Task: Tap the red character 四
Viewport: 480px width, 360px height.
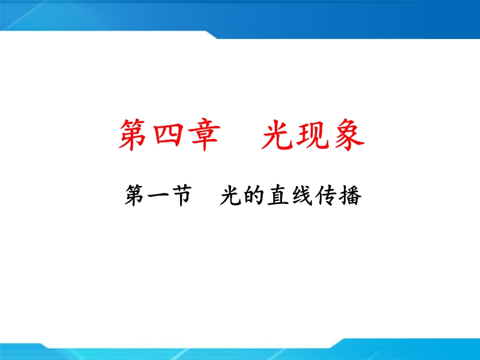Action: click(x=168, y=134)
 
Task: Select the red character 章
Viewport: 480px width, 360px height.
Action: click(x=204, y=134)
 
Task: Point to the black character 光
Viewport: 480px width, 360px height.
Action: click(x=230, y=196)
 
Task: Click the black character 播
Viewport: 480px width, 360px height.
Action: click(x=350, y=196)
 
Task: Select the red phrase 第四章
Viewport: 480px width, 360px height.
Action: click(x=170, y=134)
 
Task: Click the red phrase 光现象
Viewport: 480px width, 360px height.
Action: click(x=313, y=134)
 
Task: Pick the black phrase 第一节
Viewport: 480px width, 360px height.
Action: click(x=158, y=196)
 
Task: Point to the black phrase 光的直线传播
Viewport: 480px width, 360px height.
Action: click(x=291, y=196)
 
